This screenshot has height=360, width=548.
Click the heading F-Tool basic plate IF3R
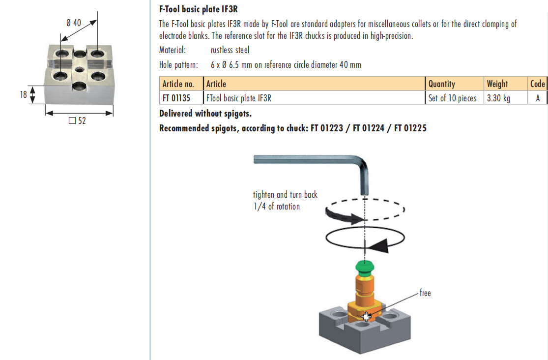[199, 9]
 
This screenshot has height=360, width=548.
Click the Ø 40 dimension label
[73, 23]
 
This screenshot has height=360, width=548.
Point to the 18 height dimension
[23, 94]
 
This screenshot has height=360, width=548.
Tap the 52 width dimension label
[78, 120]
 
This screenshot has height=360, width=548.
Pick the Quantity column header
[442, 84]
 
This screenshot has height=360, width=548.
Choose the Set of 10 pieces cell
[452, 98]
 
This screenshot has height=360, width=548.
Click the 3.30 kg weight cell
[498, 98]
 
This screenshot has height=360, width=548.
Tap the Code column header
[538, 84]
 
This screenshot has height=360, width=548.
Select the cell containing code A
[538, 98]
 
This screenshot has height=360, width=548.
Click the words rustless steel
[230, 50]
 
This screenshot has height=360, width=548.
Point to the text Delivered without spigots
[205, 114]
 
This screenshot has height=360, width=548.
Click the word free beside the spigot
[425, 293]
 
